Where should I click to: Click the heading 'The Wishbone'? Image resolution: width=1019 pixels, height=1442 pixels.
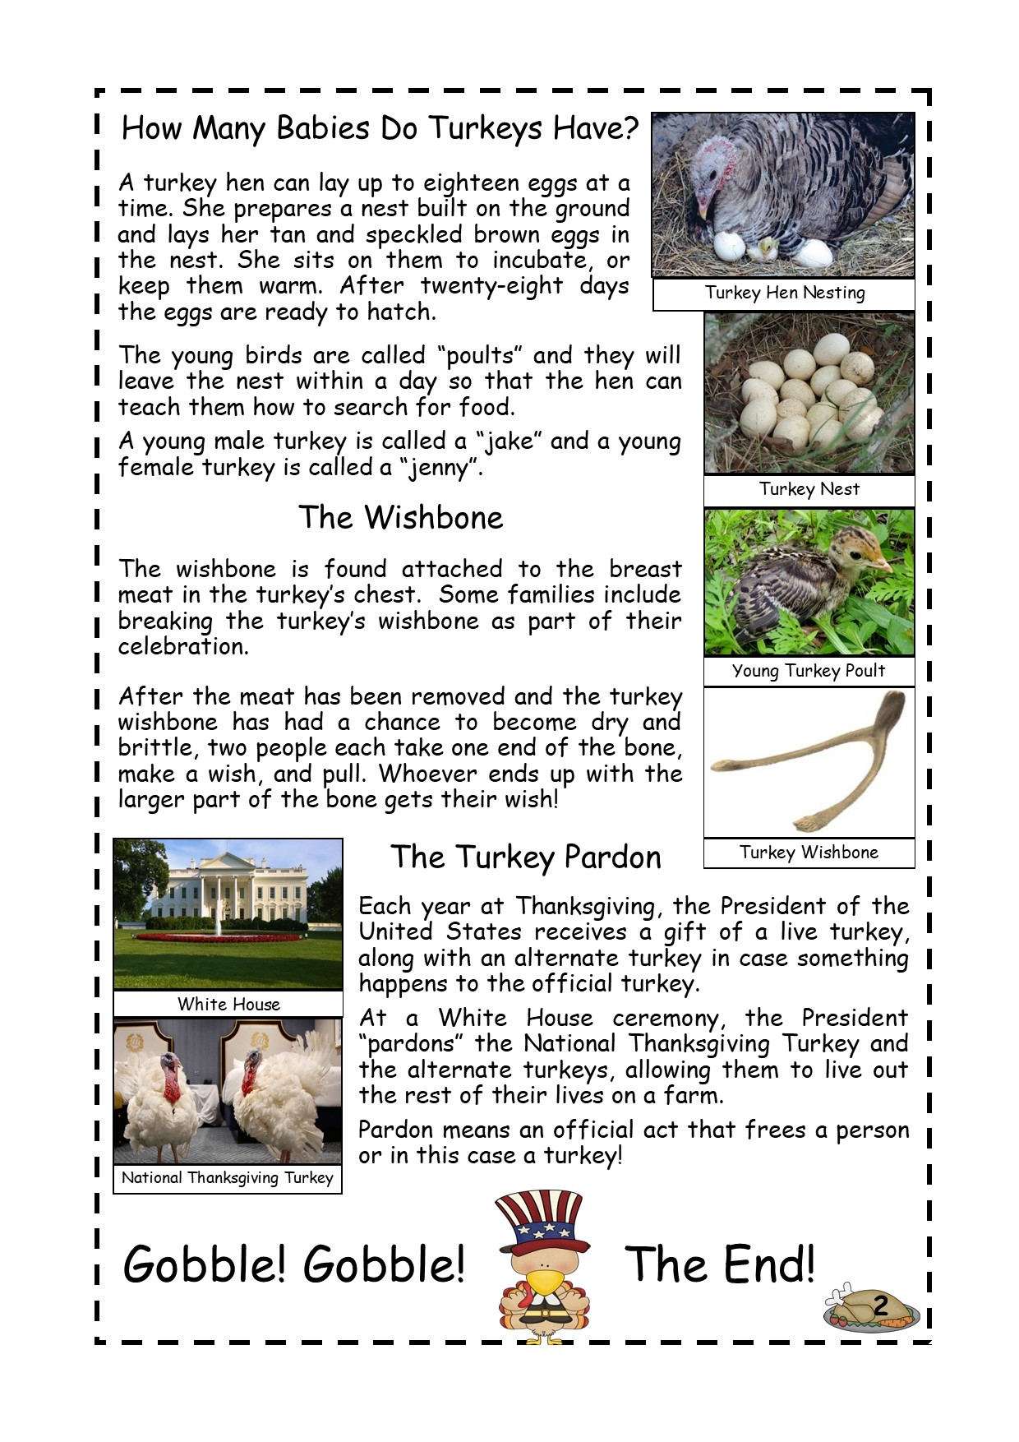coord(400,518)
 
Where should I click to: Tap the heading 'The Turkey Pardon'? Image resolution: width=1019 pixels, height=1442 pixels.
coord(525,857)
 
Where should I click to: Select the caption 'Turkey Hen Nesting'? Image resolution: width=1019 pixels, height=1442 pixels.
coord(784,293)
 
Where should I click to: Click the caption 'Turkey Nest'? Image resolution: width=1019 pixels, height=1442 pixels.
coord(809,489)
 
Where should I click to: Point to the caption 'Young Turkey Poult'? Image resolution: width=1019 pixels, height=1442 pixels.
coord(809,671)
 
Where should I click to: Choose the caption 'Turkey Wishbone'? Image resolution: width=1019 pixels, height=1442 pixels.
coord(809,853)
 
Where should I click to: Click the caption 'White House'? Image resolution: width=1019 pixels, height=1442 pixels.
coord(228,1004)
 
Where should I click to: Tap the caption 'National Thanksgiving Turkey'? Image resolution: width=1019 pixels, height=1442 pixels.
coord(228,1178)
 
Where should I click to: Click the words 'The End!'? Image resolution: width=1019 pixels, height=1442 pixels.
coord(720,1264)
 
